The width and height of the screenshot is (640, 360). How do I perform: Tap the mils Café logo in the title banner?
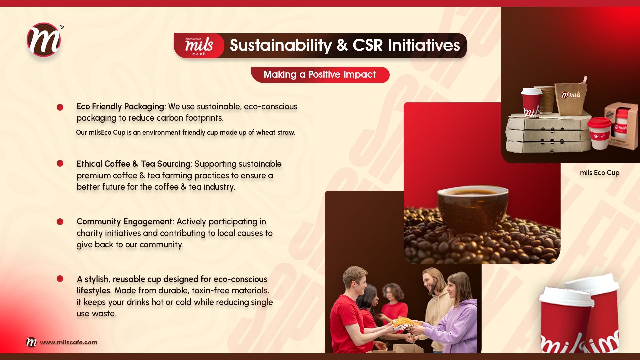(x=199, y=46)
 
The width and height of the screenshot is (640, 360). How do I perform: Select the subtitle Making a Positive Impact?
(x=320, y=74)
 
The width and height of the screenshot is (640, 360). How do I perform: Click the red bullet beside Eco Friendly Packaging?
(x=60, y=107)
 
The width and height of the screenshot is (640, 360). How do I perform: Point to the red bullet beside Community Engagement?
(x=60, y=222)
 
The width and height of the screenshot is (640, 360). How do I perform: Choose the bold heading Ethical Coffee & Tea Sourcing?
(x=134, y=164)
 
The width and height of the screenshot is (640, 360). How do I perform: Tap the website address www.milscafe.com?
(x=69, y=342)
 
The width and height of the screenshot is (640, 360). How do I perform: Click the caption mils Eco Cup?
(x=600, y=173)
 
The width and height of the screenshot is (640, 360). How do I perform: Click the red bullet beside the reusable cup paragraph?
(x=60, y=279)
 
